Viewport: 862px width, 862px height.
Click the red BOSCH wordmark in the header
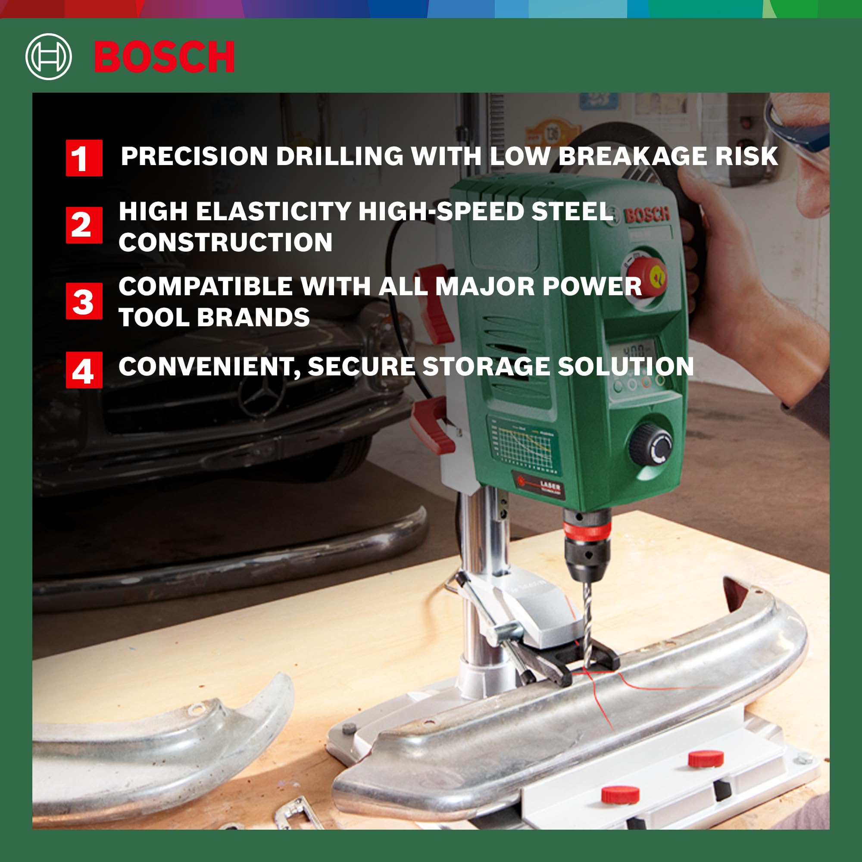164,56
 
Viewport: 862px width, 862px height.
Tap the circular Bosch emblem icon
49,56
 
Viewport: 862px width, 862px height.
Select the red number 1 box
84,158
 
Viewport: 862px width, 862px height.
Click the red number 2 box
84,225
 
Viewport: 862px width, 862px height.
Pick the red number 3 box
84,301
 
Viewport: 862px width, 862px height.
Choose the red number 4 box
84,370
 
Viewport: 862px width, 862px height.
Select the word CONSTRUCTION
225,242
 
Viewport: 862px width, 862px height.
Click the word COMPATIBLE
206,287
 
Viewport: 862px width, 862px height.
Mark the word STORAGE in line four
486,367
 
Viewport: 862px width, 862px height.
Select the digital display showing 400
634,350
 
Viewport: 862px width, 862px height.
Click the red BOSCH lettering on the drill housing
647,215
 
